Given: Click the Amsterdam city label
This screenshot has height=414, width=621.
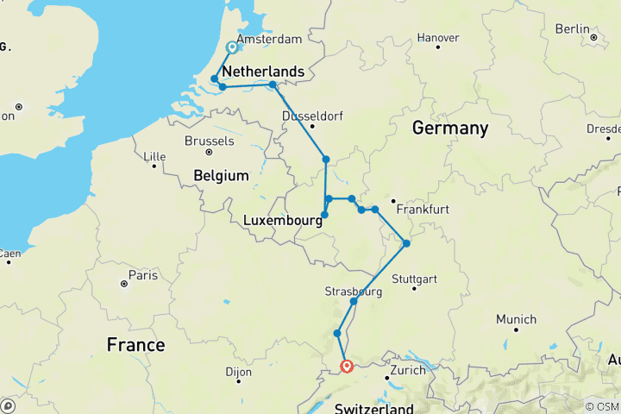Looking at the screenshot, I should coord(268,40).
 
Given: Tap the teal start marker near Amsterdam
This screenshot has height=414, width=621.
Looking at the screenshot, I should coord(232,48).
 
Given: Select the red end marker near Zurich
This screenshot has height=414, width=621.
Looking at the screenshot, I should coord(347,367).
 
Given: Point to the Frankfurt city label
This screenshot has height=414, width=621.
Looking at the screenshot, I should coord(423,210).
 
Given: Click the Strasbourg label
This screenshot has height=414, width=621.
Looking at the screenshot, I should coord(354,291).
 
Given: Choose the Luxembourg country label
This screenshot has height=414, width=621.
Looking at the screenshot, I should coord(283,220).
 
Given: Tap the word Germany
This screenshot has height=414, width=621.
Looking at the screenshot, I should coord(449,129).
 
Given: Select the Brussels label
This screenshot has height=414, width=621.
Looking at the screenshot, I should coord(209,141).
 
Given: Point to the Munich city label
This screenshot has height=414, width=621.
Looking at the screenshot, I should coord(516,319).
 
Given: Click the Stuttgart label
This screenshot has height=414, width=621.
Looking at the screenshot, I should coord(414,279).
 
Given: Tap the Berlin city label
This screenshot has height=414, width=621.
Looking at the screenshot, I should coord(572,28).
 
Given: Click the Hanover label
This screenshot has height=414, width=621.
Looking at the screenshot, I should coord(437,38).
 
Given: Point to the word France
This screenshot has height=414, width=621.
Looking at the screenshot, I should coord(135,345).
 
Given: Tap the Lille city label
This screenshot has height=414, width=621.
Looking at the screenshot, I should coord(154,156).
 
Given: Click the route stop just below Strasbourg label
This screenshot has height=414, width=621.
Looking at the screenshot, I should coord(354,302).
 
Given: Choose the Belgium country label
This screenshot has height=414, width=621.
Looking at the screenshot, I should coord(221,175).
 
